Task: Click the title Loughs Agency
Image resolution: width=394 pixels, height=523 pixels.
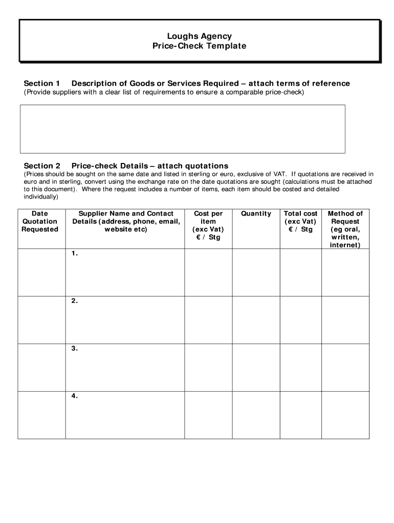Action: pyautogui.click(x=199, y=36)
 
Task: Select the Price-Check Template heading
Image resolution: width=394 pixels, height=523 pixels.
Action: pyautogui.click(x=199, y=46)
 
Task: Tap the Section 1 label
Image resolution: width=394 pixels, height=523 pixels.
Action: pyautogui.click(x=42, y=83)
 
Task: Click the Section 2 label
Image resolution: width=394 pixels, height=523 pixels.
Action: pyautogui.click(x=42, y=166)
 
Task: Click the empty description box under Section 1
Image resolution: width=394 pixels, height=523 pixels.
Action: pyautogui.click(x=182, y=129)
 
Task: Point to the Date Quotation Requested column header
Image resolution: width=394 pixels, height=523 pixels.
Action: pyautogui.click(x=40, y=221)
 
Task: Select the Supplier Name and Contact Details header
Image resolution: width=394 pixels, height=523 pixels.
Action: pyautogui.click(x=126, y=221)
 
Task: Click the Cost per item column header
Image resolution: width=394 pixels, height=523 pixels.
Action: pyautogui.click(x=208, y=225)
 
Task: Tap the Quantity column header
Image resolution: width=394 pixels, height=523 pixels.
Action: pyautogui.click(x=256, y=213)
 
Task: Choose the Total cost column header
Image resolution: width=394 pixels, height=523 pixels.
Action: pyautogui.click(x=301, y=221)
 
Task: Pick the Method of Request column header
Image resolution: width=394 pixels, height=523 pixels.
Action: pyautogui.click(x=345, y=229)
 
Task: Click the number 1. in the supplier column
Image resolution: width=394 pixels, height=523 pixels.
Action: pyautogui.click(x=75, y=253)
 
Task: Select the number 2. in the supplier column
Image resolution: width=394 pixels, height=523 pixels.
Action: pyautogui.click(x=75, y=301)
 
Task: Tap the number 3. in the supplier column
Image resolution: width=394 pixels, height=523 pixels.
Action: pyautogui.click(x=75, y=348)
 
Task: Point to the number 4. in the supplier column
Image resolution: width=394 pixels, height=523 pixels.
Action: pyautogui.click(x=75, y=396)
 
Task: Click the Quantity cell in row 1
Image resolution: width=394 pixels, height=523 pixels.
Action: pyautogui.click(x=256, y=272)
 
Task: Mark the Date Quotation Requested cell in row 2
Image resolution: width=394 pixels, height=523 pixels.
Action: pyautogui.click(x=41, y=320)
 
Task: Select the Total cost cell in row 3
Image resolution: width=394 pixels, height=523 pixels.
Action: pyautogui.click(x=301, y=367)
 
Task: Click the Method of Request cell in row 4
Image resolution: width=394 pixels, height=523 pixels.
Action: pyautogui.click(x=345, y=415)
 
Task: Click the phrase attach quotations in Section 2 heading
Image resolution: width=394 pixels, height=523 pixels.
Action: pyautogui.click(x=193, y=166)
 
